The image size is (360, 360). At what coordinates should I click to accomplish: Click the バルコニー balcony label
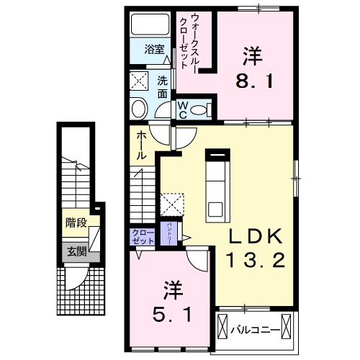click(255, 330)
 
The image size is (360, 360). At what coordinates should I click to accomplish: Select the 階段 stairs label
click(75, 223)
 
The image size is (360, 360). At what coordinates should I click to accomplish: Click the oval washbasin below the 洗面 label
click(138, 109)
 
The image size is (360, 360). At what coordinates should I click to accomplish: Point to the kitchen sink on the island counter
click(217, 210)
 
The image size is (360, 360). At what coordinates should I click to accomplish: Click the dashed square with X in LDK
click(171, 204)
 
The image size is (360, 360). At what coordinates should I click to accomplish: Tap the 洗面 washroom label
click(163, 86)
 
